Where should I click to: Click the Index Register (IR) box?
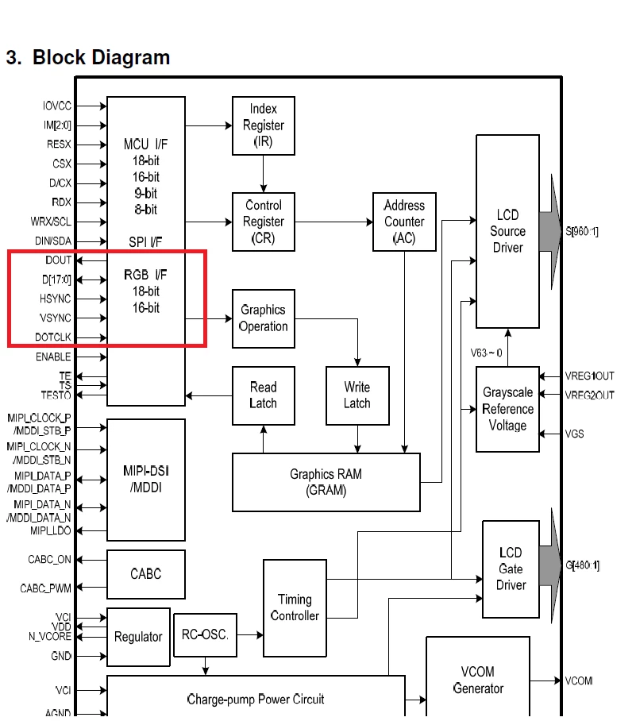pos(264,125)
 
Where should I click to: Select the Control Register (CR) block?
pos(264,222)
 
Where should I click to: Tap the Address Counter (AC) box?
pos(404,222)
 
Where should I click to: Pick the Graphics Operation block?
pos(264,318)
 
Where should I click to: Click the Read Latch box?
pos(264,395)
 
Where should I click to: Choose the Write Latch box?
pos(357,395)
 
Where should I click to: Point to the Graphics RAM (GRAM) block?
pos(326,482)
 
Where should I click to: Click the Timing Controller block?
pos(295,608)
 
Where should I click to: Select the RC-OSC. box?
pos(205,635)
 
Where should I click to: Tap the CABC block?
pos(146,574)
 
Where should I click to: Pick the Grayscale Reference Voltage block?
pos(507,409)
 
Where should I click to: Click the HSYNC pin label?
pos(56,299)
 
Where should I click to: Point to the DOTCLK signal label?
pos(53,337)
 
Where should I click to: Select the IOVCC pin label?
pos(57,106)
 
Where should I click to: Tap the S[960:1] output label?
pos(582,231)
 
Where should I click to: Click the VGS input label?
pos(574,434)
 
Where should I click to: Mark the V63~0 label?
pos(486,353)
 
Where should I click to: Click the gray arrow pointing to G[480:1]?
pos(550,565)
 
